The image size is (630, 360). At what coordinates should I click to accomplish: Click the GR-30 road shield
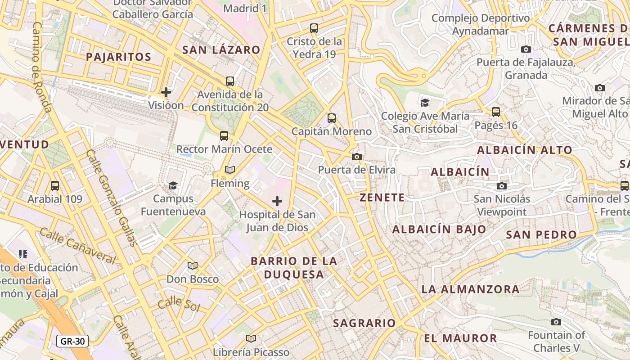coord(72,341)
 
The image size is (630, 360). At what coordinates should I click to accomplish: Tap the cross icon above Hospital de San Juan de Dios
coord(277,201)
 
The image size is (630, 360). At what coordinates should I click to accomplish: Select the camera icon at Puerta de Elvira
coord(357,157)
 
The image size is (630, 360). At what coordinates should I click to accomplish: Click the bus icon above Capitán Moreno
coord(332,118)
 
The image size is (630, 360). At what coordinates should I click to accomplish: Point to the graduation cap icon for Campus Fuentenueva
coord(173,185)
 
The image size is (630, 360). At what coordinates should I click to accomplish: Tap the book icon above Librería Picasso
coord(251,338)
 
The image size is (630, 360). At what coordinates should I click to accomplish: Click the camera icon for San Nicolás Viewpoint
coord(502,186)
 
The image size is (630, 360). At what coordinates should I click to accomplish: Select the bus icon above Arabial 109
coord(55,185)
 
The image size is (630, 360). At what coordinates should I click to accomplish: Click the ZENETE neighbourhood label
coord(382,198)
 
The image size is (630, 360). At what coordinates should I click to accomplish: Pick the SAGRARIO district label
coord(364,323)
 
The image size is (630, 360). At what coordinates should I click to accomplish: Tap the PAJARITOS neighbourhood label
coord(118,57)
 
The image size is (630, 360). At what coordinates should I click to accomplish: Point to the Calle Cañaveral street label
coord(77,246)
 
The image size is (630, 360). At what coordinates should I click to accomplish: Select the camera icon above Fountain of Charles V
coord(556,322)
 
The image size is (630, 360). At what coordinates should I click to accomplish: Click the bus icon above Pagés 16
coord(496,112)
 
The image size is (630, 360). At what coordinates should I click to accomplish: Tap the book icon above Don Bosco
coord(193,266)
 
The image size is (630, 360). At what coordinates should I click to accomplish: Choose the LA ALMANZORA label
coord(470,289)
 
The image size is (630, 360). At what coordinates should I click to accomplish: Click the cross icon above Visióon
coord(166,92)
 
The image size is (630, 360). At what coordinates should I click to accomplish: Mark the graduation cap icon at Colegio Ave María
coord(425,103)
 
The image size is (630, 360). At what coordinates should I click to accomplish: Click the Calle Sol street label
coord(179,304)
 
